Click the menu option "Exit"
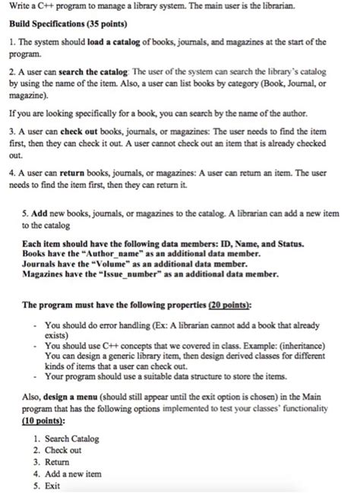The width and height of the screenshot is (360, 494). [53, 483]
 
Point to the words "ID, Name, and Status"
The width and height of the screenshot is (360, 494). [251, 243]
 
